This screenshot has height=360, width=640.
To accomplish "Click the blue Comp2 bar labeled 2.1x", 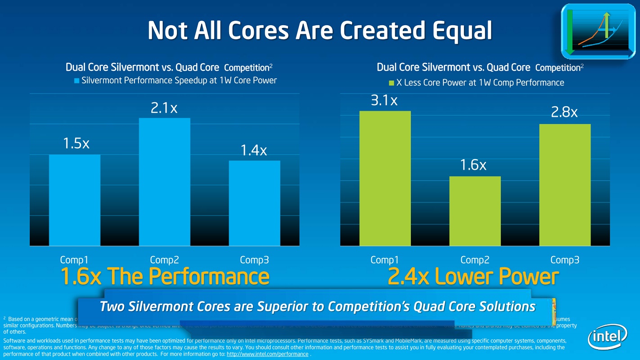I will [164, 182].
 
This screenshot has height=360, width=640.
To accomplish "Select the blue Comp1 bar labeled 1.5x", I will [75, 200].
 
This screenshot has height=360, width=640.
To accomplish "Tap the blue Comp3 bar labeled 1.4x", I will [254, 203].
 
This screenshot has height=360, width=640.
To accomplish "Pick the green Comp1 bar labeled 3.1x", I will [385, 178].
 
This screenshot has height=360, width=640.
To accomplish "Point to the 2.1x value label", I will [164, 108].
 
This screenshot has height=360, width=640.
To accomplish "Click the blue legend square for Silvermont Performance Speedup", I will [77, 81].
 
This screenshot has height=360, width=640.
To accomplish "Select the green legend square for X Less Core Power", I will [391, 83].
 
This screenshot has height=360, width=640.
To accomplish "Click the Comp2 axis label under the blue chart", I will [164, 260].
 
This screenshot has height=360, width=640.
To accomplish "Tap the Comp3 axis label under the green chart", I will [565, 260].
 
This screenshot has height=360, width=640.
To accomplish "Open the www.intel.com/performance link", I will [267, 354].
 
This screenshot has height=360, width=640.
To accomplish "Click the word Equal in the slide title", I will [462, 31].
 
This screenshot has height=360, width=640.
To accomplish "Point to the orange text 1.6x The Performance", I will [165, 277].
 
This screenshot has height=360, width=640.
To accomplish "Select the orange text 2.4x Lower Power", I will [473, 277].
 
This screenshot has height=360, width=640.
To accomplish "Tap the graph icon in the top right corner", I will [598, 31].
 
